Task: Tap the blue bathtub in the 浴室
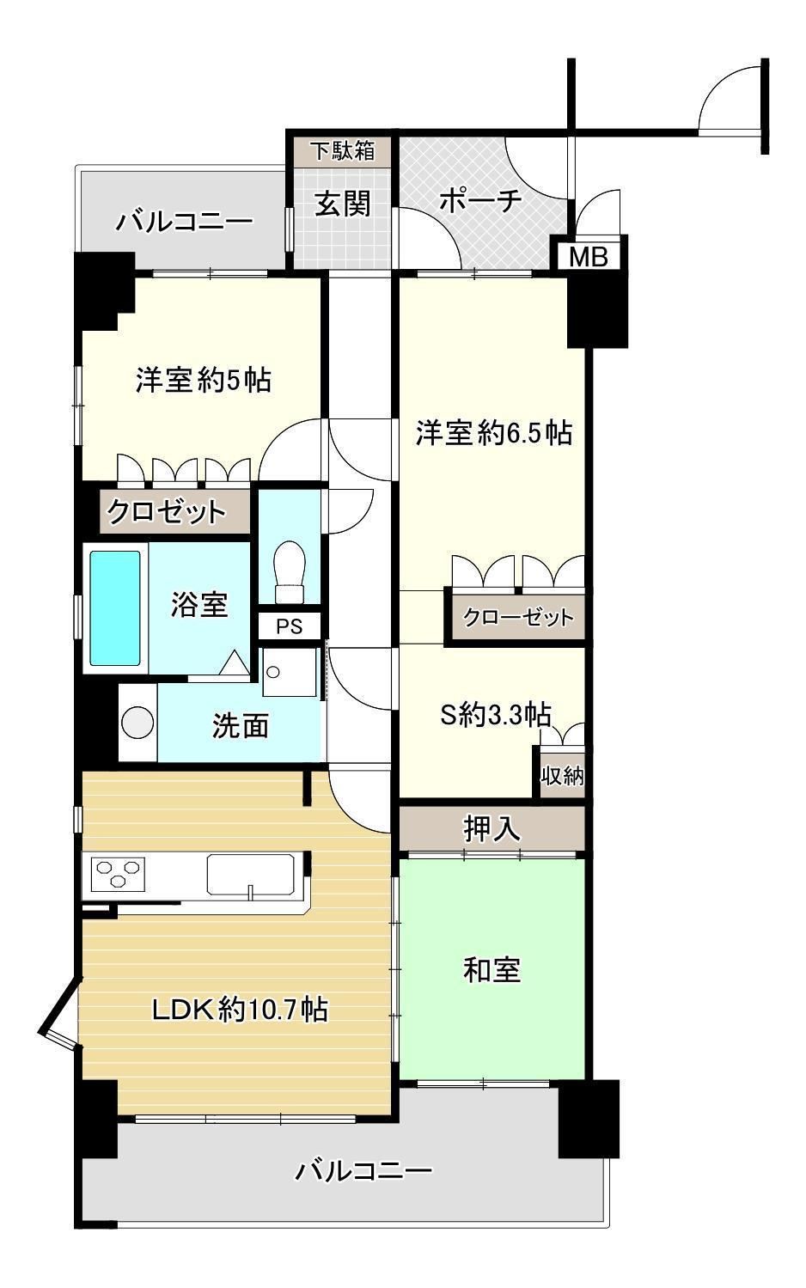115,607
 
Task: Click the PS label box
290,626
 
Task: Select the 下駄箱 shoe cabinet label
343,150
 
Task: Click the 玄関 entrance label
343,204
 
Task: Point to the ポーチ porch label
480,201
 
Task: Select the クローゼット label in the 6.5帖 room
518,617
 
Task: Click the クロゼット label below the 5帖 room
167,511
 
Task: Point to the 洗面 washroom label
241,725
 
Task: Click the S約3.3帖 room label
496,715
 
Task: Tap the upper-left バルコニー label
184,222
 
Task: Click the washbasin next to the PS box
290,672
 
